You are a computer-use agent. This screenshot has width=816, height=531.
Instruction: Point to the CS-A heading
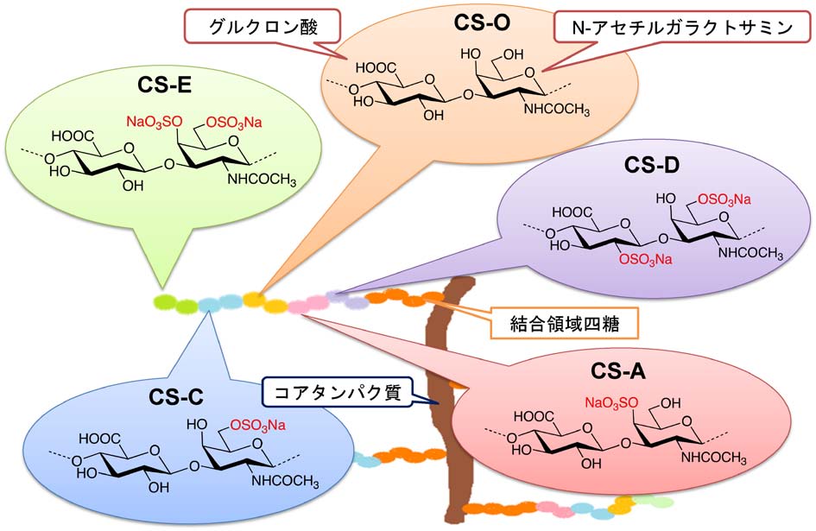[x=620, y=372]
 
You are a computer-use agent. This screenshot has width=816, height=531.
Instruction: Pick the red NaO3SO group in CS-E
[x=155, y=123]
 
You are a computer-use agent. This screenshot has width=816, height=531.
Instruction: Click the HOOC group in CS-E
[x=74, y=136]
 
